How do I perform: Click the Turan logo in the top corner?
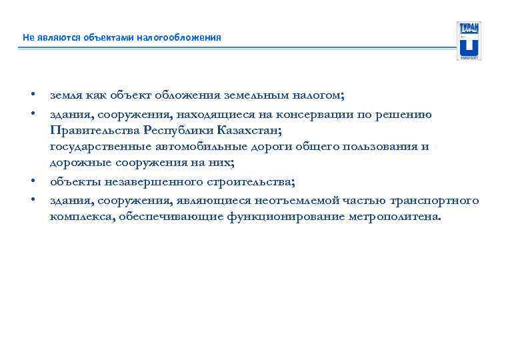tap(469, 41)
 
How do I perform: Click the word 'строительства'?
tap(250, 182)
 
